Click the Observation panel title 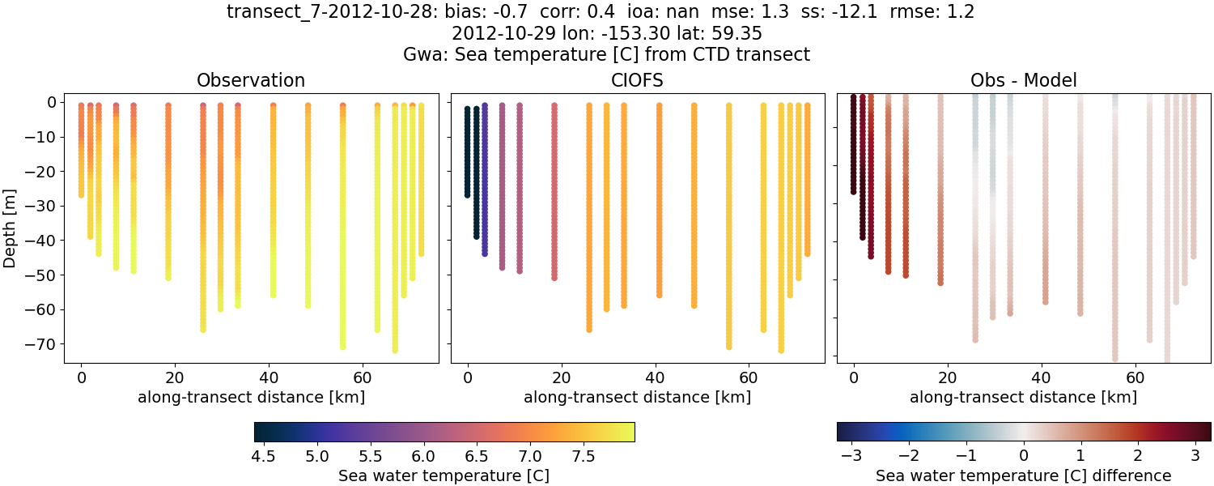click(x=251, y=80)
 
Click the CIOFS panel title click(x=637, y=80)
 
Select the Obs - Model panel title click(x=1023, y=80)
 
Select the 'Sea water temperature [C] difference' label click(x=1023, y=475)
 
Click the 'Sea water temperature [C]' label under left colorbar click(x=444, y=475)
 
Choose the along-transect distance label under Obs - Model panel click(x=1023, y=397)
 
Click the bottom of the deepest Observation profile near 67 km click(x=395, y=350)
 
